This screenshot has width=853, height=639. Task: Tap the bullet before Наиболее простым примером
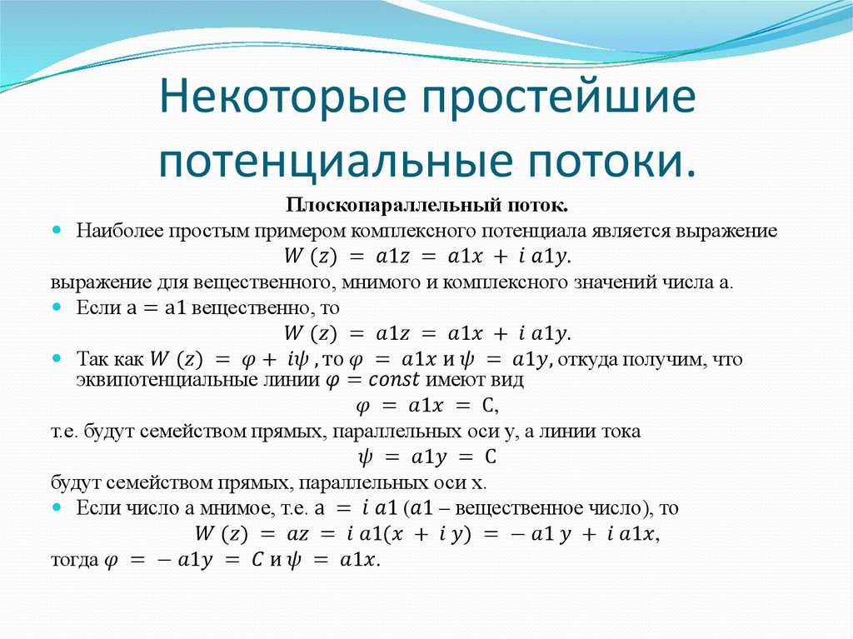click(x=56, y=229)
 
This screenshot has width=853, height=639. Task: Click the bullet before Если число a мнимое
click(x=56, y=506)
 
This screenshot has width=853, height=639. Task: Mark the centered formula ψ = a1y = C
click(x=426, y=457)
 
